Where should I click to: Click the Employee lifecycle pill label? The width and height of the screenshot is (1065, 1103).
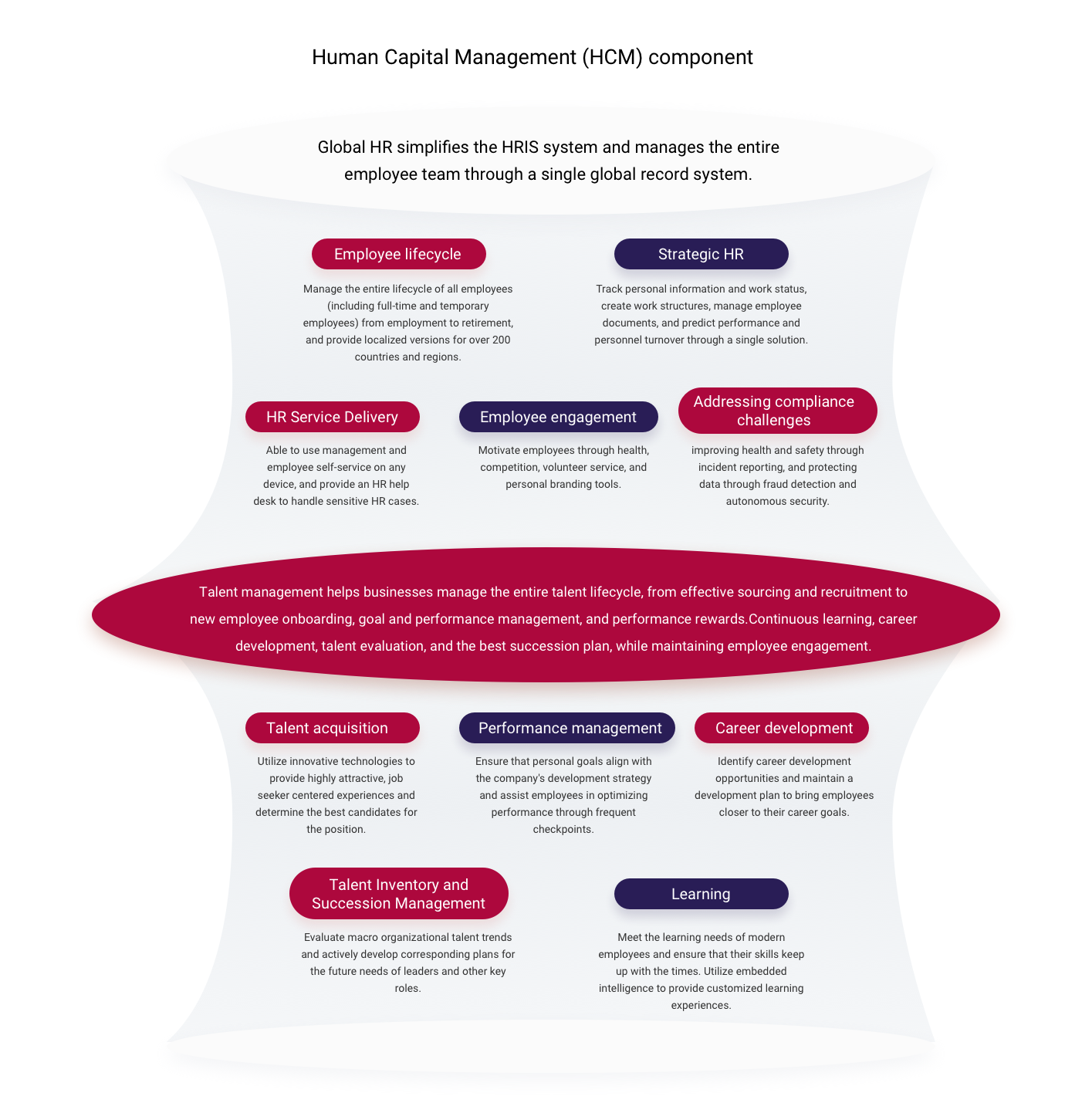coord(398,254)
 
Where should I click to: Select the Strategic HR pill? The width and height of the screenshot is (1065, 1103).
coord(701,254)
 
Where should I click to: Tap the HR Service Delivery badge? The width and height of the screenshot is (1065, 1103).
coord(332,417)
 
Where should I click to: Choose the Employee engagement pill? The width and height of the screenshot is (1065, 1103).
coord(558,417)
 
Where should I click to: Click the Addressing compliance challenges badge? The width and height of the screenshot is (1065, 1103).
coord(777,411)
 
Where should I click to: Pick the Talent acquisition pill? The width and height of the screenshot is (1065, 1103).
coord(332,728)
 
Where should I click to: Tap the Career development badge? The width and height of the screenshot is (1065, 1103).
coord(781,728)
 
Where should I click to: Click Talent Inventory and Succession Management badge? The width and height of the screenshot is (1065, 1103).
coord(398,894)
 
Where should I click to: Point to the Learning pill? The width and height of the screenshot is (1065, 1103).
coord(701,894)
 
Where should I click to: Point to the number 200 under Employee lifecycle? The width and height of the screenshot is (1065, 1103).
coord(501,340)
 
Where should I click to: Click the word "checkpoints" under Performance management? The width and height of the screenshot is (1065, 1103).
coord(563,829)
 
